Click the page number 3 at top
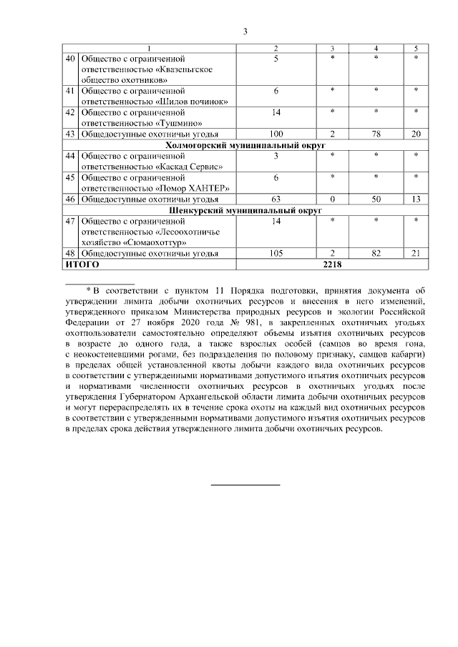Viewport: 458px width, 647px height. point(245,31)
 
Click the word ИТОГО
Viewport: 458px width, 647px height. point(82,264)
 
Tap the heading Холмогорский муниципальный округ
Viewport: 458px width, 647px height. point(245,144)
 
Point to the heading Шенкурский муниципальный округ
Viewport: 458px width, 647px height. point(245,211)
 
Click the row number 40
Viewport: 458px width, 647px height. point(70,57)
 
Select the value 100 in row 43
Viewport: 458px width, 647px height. point(276,134)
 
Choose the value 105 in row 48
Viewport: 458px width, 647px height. point(276,254)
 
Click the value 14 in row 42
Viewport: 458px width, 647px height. point(276,112)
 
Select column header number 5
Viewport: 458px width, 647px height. point(416,47)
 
